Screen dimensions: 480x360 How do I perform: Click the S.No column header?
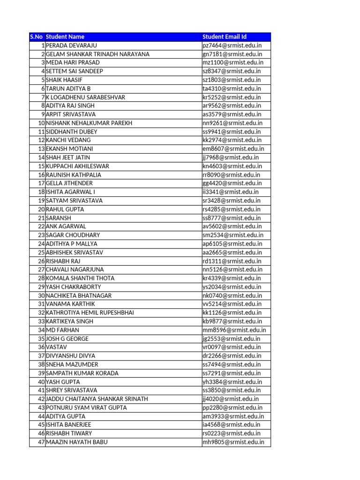click(x=37, y=37)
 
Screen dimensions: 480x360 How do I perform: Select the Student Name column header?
click(x=65, y=37)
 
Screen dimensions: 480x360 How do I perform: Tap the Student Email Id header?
click(x=225, y=37)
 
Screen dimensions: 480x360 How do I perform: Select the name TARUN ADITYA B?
click(x=68, y=89)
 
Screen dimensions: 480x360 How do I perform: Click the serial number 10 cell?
click(x=41, y=123)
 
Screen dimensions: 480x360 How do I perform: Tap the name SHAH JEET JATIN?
click(x=68, y=157)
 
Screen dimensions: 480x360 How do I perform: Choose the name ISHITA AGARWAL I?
click(x=70, y=192)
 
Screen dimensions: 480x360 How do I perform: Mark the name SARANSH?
click(x=59, y=218)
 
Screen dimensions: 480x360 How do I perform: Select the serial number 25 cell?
click(x=41, y=252)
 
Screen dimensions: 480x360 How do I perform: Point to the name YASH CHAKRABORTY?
click(x=74, y=287)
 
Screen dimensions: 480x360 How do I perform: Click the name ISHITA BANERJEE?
click(x=69, y=425)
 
